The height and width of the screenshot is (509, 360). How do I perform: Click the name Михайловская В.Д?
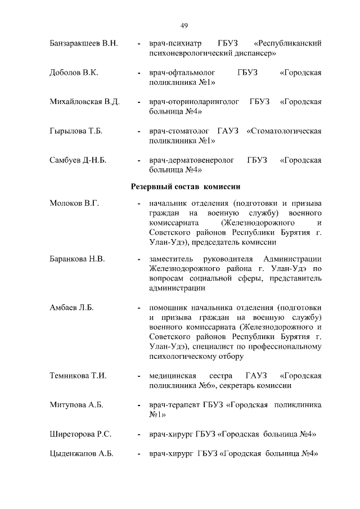[84, 102]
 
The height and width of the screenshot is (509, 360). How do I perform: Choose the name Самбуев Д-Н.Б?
[78, 161]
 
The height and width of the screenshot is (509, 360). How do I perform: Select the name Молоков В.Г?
[74, 203]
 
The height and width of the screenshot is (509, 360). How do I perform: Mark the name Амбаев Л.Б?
[71, 308]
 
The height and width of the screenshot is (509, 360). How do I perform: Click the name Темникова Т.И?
[78, 375]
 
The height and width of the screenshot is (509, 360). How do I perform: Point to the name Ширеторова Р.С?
[80, 434]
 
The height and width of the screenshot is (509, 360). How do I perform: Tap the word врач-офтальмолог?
[183, 73]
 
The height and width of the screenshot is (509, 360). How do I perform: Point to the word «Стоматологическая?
[284, 132]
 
